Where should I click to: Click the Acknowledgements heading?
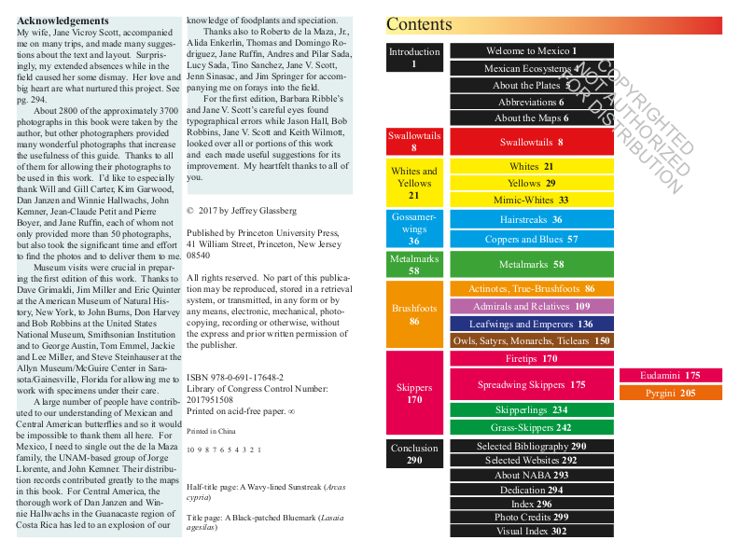click(x=63, y=21)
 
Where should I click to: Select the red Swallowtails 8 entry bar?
click(x=532, y=142)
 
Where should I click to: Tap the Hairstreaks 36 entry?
click(x=532, y=219)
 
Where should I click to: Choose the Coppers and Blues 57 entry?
click(x=532, y=239)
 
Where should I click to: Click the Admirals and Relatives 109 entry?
click(x=532, y=306)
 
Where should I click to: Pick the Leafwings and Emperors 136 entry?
click(x=532, y=324)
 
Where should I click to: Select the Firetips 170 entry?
click(x=532, y=358)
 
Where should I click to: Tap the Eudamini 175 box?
click(x=670, y=375)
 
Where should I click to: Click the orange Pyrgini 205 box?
click(x=670, y=393)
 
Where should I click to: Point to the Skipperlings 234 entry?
click(x=532, y=409)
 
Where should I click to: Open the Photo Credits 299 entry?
click(x=532, y=517)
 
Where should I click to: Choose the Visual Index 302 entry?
click(x=532, y=531)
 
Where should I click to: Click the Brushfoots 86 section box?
click(x=414, y=314)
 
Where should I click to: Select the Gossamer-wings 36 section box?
click(x=414, y=229)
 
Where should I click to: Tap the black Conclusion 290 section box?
click(x=414, y=454)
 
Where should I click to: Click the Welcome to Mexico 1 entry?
click(x=532, y=51)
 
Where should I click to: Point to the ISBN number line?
click(x=235, y=377)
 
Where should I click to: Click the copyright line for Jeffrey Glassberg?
click(x=241, y=211)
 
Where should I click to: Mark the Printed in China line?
click(x=210, y=432)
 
